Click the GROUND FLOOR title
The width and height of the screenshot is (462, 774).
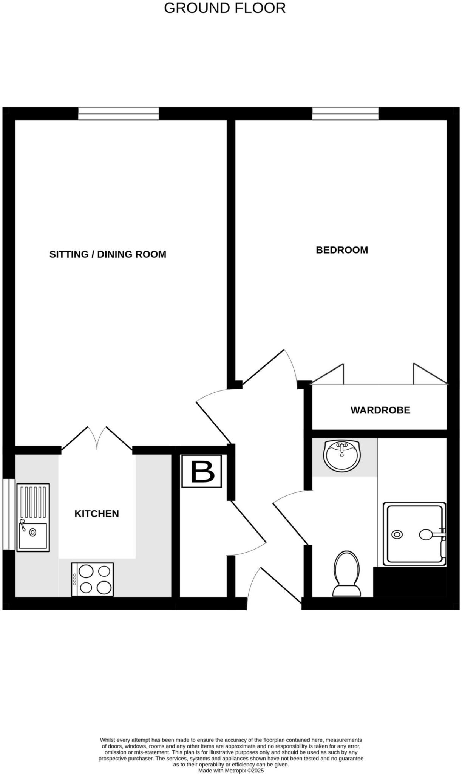pyautogui.click(x=225, y=8)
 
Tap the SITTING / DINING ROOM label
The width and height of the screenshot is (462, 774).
pyautogui.click(x=108, y=254)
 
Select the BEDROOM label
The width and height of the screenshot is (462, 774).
pyautogui.click(x=342, y=250)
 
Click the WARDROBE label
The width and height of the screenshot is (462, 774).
pyautogui.click(x=380, y=410)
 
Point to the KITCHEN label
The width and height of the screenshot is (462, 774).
pyautogui.click(x=97, y=514)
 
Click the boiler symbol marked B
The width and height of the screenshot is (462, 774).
pyautogui.click(x=202, y=471)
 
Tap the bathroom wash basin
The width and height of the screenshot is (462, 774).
pyautogui.click(x=342, y=455)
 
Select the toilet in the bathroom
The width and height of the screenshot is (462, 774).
pyautogui.click(x=346, y=573)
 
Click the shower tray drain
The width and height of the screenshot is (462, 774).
pyautogui.click(x=397, y=534)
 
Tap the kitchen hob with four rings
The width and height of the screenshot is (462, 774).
pyautogui.click(x=93, y=579)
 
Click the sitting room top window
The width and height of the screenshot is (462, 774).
pyautogui.click(x=119, y=113)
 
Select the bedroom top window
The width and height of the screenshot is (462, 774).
pyautogui.click(x=345, y=113)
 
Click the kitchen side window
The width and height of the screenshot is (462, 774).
pyautogui.click(x=8, y=514)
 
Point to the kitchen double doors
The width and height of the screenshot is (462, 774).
pyautogui.click(x=97, y=438)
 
